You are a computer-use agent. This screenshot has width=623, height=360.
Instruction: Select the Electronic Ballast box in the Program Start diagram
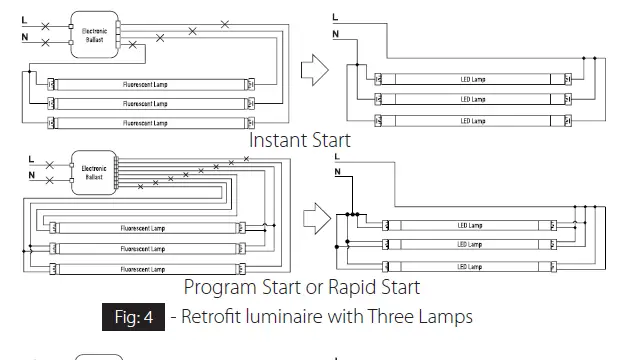pos(93,172)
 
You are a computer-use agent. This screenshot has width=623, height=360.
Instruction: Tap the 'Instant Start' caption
pos(299,140)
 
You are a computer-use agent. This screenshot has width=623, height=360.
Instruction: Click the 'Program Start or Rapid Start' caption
pos(301,287)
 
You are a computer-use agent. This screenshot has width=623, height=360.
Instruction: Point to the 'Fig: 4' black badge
pos(132,319)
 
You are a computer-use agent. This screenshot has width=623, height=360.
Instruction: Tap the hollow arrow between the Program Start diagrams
pos(316,216)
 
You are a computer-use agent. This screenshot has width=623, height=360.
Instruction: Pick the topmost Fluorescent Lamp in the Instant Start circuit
pos(145,84)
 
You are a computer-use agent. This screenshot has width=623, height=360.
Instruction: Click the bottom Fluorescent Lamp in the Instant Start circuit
pos(145,123)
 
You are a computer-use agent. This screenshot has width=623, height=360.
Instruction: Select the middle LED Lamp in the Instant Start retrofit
pos(472,99)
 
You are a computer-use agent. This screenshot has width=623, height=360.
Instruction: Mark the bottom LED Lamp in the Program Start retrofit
pos(469,266)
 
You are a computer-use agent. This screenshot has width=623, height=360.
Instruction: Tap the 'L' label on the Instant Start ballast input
pos(24,20)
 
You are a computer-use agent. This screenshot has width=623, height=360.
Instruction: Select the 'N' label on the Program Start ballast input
pos(31,177)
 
